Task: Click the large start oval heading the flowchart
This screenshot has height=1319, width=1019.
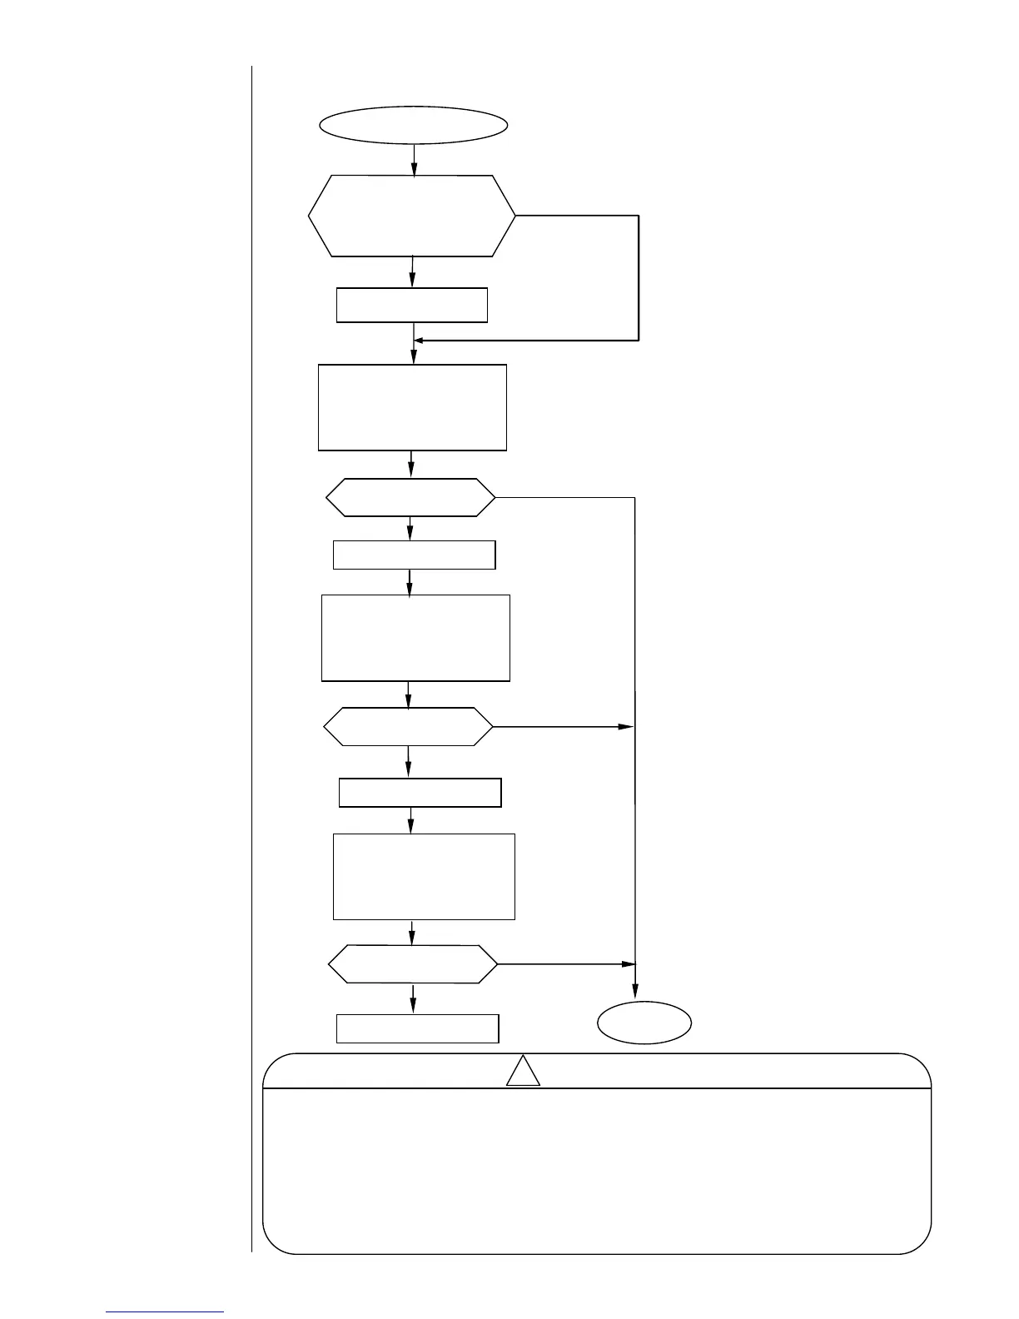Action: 414,125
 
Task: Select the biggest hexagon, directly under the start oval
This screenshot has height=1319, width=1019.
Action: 412,216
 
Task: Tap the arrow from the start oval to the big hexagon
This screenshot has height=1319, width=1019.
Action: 414,160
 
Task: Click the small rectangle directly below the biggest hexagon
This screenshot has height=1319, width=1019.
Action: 411,305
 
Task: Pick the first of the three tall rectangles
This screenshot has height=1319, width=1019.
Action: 412,407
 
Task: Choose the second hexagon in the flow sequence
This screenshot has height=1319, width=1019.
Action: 410,498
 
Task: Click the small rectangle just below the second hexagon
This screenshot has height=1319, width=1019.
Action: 414,555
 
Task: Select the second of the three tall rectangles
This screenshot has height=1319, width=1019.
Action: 415,638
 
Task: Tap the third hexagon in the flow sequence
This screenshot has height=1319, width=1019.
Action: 408,727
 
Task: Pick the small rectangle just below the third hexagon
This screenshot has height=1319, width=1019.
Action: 420,793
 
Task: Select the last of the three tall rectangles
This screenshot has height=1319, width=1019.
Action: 424,876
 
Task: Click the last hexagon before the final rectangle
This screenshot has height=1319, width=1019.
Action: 413,964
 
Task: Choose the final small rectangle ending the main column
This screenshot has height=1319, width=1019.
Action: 417,1028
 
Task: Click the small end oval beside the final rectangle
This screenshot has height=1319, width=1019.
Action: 644,1022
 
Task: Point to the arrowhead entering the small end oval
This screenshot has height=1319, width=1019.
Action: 635,992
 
